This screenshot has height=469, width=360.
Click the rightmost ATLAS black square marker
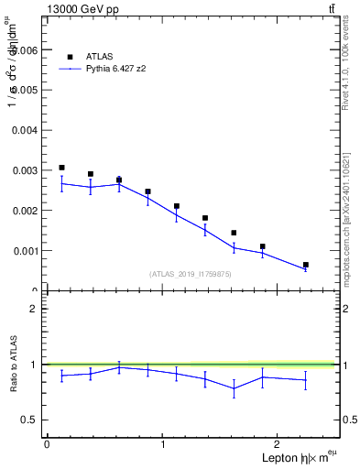pos(306,265)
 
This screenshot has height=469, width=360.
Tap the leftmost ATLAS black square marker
pos(61,168)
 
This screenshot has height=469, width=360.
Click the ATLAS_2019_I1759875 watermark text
pos(191,273)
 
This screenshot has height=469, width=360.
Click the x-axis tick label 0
pos(47,444)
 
